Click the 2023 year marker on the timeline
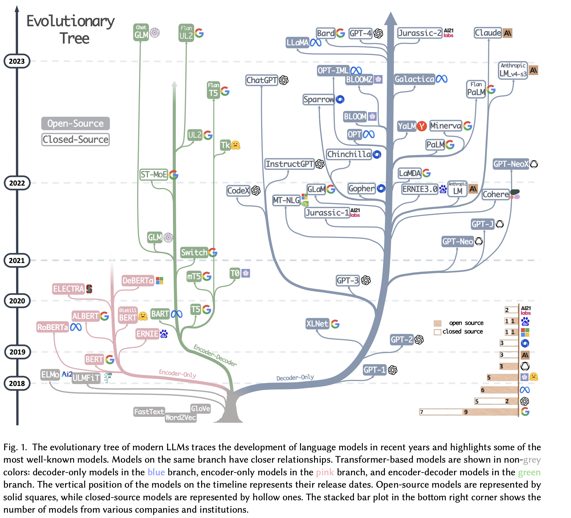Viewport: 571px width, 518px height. pyautogui.click(x=17, y=61)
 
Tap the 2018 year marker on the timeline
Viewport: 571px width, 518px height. pyautogui.click(x=17, y=384)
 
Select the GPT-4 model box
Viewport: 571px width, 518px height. pyautogui.click(x=360, y=33)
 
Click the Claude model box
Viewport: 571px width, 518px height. pyautogui.click(x=488, y=33)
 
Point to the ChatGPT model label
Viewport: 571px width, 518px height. pyautogui.click(x=261, y=80)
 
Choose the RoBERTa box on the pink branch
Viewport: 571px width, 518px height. pyautogui.click(x=53, y=327)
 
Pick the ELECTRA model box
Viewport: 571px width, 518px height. pyautogui.click(x=68, y=289)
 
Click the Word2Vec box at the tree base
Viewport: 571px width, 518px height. pyautogui.click(x=180, y=417)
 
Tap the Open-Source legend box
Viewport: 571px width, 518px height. pyautogui.click(x=75, y=123)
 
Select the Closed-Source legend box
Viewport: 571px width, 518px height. pyautogui.click(x=75, y=139)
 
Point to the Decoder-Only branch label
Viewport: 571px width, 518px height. pyautogui.click(x=295, y=377)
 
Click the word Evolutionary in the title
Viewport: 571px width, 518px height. pyautogui.click(x=70, y=22)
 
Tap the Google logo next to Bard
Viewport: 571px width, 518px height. pyautogui.click(x=340, y=33)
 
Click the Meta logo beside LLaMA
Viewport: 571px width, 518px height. pyautogui.click(x=316, y=42)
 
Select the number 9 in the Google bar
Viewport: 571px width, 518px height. pyautogui.click(x=466, y=412)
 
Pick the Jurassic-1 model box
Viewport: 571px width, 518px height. pyautogui.click(x=327, y=212)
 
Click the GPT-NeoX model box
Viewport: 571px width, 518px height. pyautogui.click(x=511, y=164)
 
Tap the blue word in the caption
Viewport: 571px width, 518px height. pyautogui.click(x=156, y=472)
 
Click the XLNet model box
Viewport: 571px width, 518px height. pyautogui.click(x=317, y=324)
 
